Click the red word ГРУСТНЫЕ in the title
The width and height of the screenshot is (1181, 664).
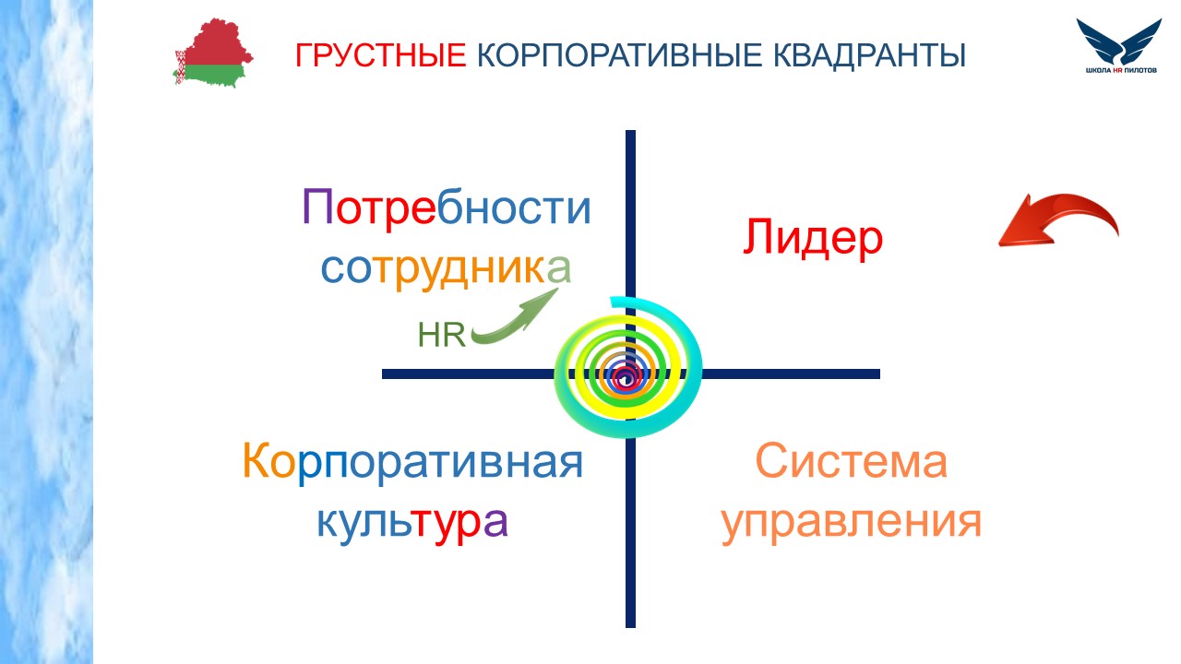point(381,54)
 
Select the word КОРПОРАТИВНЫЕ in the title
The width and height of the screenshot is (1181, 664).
point(619,54)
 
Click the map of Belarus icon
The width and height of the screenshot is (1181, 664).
point(213,53)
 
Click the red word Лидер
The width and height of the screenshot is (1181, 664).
point(813,238)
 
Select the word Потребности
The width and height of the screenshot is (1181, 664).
point(446,207)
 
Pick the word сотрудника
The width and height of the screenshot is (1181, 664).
point(446,268)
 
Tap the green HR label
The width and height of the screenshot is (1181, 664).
point(442,335)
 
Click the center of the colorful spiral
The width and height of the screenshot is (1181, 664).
point(626,376)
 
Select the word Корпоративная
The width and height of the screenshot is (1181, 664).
point(412,462)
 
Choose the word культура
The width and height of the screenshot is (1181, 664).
point(412,522)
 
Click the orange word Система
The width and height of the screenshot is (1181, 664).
point(851,462)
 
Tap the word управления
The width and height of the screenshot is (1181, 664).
point(851,522)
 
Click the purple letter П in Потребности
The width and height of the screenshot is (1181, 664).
point(317,207)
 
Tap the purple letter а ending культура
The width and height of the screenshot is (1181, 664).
point(495,522)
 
